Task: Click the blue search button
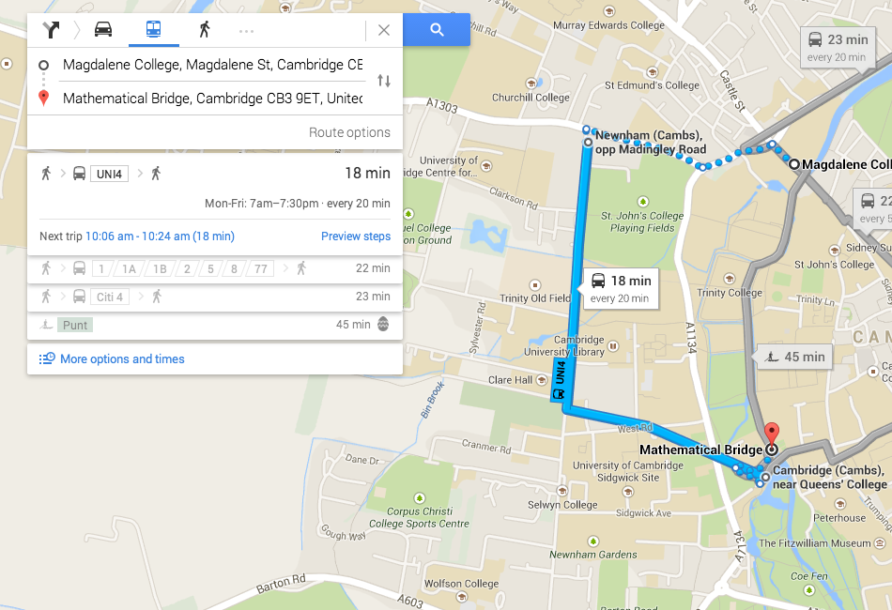click(437, 30)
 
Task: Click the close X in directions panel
click(383, 30)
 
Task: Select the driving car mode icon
click(103, 29)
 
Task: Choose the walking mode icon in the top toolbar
click(204, 29)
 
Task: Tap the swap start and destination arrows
click(383, 81)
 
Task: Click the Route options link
click(349, 132)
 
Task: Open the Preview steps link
click(356, 236)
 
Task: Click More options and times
click(122, 358)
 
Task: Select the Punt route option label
click(75, 325)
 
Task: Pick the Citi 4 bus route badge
click(108, 297)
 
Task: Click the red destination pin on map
click(772, 435)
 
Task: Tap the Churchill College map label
click(531, 98)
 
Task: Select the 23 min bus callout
click(837, 46)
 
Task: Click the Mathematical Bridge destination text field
click(212, 99)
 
